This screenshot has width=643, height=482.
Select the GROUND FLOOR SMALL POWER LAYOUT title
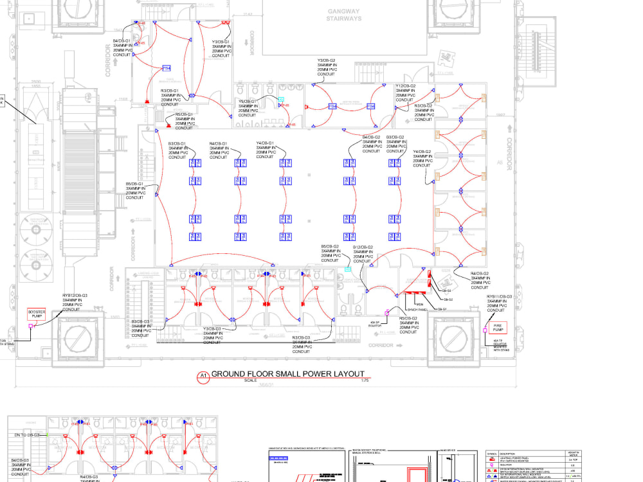click(287, 374)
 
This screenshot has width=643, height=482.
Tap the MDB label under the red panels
click(419, 304)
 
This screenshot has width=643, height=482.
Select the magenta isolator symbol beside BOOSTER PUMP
click(30, 326)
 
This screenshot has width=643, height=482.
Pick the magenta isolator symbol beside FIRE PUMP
click(485, 330)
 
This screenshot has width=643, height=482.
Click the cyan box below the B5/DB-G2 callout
click(348, 269)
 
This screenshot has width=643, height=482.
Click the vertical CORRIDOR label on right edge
click(509, 154)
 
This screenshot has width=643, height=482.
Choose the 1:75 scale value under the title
click(365, 380)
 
